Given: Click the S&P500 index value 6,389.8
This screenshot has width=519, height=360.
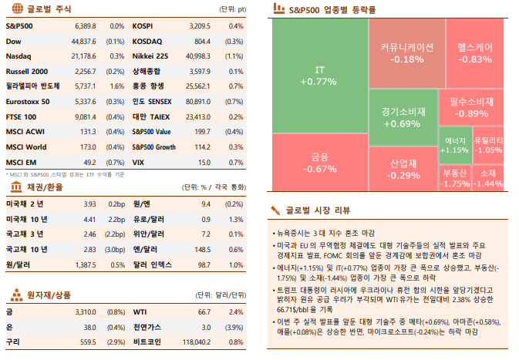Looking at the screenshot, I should pos(84,26).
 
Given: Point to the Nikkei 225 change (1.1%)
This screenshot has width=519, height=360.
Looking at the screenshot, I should pos(234,56).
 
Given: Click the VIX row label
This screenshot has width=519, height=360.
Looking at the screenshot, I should pos(139,162).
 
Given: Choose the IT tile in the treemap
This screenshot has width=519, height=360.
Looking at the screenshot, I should pos(319,76).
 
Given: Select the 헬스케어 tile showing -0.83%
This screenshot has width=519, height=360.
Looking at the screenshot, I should pos(475,52).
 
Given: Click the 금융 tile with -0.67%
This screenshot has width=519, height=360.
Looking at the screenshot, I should pos(319,163).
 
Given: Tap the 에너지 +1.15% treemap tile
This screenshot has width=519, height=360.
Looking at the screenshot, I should pos(453,145).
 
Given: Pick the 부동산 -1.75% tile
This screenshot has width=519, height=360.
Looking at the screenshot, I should pos(456,178).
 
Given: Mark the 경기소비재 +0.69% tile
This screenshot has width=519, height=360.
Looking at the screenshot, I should pos(401,116).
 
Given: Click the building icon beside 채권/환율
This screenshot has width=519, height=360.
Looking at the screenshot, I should pos(15,187).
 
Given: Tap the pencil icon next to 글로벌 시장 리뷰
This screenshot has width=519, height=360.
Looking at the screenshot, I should pos(275,209).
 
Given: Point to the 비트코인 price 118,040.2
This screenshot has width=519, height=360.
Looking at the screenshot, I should pos(195,340).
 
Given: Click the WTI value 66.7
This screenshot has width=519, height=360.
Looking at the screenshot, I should pos(204,311).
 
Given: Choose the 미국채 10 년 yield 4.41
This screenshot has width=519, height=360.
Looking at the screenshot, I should pos(89,220).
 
